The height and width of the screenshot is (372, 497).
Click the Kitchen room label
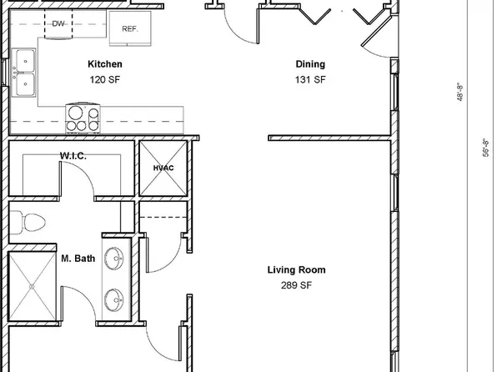coord(105,64)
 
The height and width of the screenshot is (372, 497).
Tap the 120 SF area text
coord(105,80)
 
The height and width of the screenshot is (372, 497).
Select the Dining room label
coord(309,64)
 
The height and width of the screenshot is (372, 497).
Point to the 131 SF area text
coord(309,80)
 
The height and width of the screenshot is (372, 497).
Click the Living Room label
coord(296,269)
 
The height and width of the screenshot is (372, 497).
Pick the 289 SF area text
coord(296,285)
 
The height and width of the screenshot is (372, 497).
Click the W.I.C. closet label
coord(73,156)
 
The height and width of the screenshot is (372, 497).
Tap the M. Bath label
coord(78,259)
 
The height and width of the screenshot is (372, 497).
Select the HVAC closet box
coord(163,168)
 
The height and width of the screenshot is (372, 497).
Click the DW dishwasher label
coord(58,24)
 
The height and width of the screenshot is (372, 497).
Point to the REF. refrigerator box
coord(129,28)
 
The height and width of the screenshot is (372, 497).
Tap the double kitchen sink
coord(24,73)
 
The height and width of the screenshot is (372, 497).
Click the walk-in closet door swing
coord(81,179)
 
